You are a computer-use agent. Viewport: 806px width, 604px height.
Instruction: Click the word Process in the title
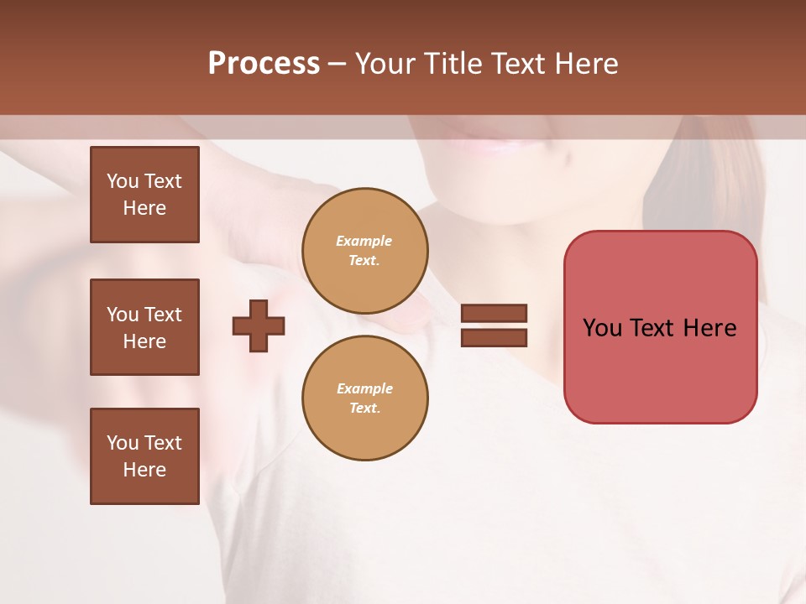264,64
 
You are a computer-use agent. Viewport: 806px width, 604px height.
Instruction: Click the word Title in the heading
454,64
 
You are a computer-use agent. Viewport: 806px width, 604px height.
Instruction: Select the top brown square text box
144,195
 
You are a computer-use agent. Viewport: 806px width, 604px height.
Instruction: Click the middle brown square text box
144,327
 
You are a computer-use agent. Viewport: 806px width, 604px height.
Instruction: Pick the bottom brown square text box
144,456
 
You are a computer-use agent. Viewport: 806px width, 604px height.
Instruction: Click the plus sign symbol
259,325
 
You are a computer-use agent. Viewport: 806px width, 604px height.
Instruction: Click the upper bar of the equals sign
494,314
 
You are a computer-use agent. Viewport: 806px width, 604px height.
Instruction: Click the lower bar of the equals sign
494,337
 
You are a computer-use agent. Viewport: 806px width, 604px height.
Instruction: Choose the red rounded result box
660,369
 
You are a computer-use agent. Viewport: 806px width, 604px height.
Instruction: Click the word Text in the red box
654,328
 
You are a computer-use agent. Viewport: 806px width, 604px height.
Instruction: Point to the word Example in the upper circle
364,241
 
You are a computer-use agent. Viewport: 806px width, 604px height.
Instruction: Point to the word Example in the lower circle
364,388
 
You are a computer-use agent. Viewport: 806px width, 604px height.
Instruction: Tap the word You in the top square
122,181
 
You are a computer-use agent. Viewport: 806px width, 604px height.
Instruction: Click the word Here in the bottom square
144,470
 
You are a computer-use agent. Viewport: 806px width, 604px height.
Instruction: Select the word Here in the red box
709,328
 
